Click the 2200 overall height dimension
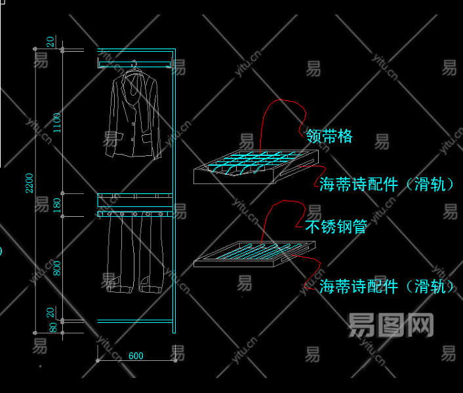coord(29,183)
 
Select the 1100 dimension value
coord(57,122)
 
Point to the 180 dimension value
coord(57,204)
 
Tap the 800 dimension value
coord(57,268)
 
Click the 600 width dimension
coord(136,356)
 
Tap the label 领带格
coord(329,136)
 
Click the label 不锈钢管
coord(336,227)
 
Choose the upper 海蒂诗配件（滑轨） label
coord(387,185)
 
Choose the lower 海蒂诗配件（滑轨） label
coord(387,286)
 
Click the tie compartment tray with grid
coord(256,168)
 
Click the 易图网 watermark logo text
coord(391,324)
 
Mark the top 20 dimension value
coord(50,41)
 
